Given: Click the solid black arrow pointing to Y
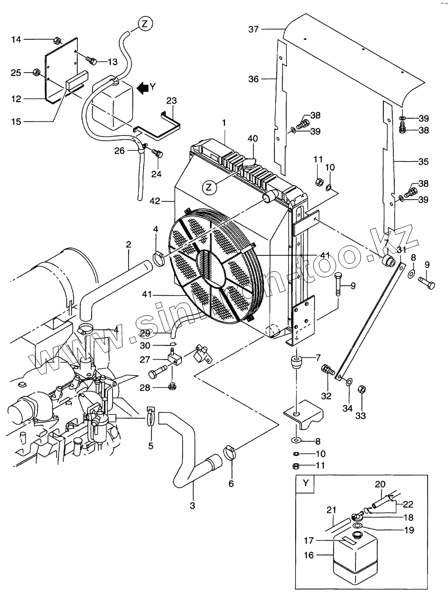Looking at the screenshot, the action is point(142,88).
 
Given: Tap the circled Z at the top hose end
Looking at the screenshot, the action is point(145,24).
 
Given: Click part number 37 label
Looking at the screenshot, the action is point(253,29).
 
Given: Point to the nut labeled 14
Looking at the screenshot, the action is point(57,40).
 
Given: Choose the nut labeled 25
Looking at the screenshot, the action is point(36,73).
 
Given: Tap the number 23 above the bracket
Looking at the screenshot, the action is point(172,101).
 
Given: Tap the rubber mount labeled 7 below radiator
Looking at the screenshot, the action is point(296,362).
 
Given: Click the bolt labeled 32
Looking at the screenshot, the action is point(328,370).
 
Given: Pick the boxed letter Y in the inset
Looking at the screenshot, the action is point(306,483).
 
